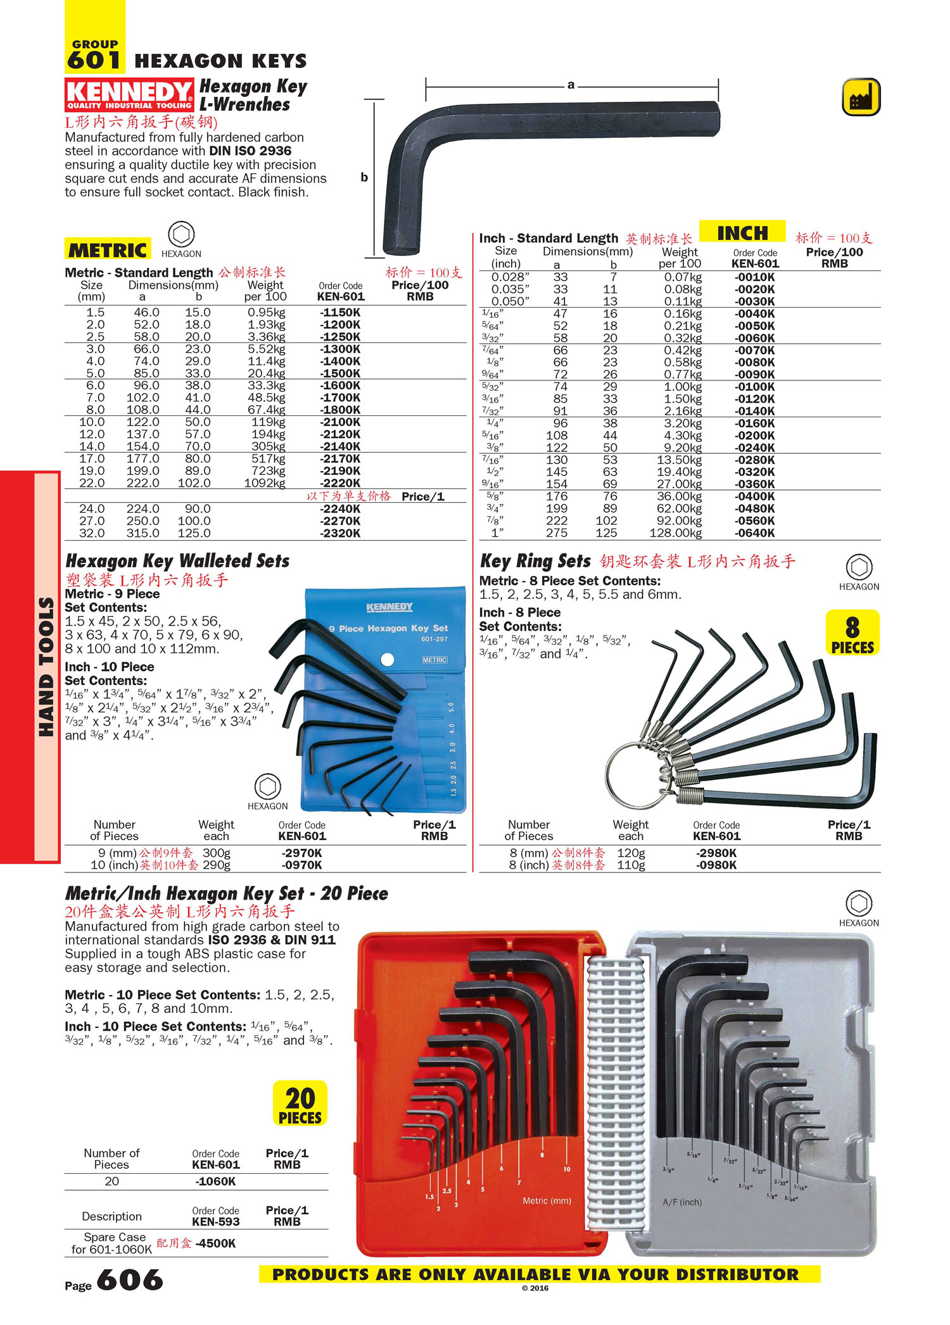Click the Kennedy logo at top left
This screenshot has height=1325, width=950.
(x=129, y=95)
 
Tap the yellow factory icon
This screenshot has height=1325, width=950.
(x=861, y=97)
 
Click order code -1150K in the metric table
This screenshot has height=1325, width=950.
(x=340, y=313)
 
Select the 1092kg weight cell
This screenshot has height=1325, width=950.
(x=265, y=483)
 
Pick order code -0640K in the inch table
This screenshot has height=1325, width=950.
(x=754, y=533)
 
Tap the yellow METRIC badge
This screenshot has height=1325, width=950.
(x=108, y=250)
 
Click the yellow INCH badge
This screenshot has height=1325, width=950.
(x=742, y=233)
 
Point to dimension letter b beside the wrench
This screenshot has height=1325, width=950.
(x=364, y=177)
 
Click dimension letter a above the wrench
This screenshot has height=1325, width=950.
(x=571, y=85)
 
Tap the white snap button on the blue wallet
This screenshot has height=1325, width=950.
(x=388, y=660)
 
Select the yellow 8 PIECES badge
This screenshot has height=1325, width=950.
(x=852, y=632)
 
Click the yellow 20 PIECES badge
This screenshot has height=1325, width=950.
(x=300, y=1103)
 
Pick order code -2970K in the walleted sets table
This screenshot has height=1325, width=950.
(x=302, y=853)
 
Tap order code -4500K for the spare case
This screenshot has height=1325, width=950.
(x=215, y=1243)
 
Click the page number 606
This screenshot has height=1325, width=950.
(x=130, y=1280)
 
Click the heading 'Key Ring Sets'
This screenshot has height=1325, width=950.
(x=535, y=561)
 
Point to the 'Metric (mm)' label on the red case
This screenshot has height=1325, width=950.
(x=547, y=1200)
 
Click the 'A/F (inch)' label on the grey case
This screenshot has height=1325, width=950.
(x=681, y=1202)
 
